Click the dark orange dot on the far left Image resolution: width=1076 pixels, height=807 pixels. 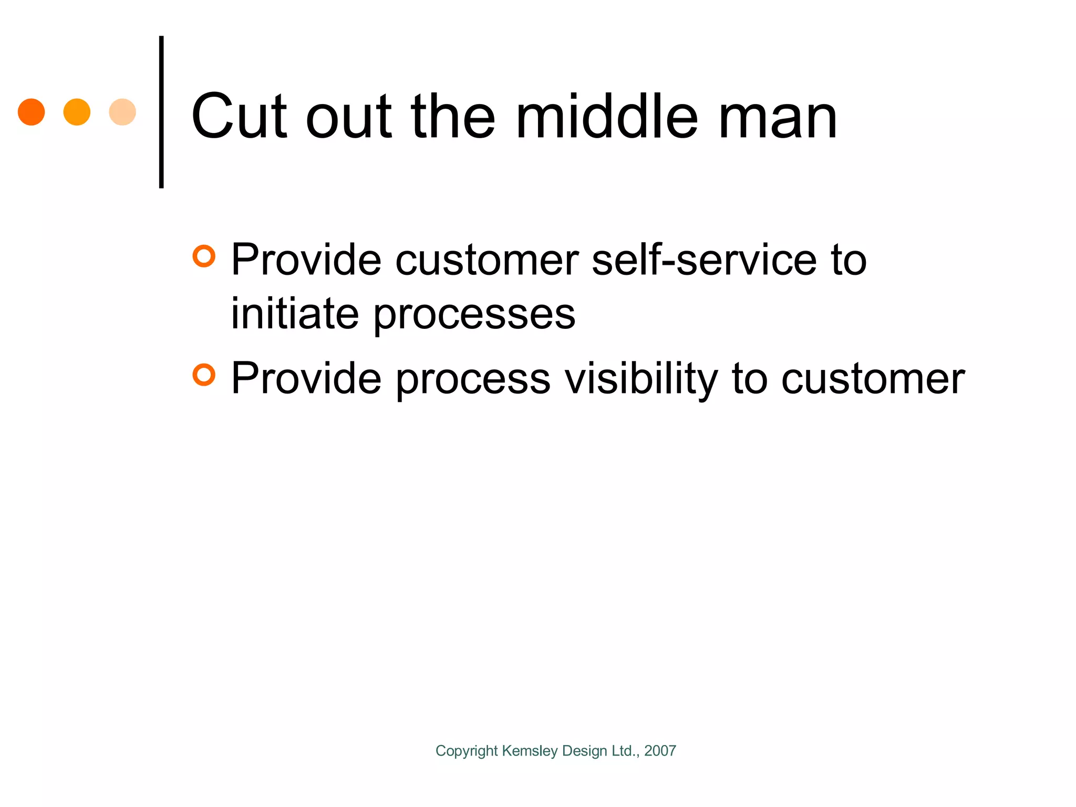point(31,112)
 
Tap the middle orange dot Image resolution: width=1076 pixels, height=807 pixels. point(77,112)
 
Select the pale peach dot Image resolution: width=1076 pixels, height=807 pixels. point(122,112)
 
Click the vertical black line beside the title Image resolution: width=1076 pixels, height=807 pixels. point(161,112)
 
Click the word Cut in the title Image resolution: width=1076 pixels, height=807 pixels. point(239,117)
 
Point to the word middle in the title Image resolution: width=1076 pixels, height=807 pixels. point(607,117)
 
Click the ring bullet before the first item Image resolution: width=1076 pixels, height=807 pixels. point(204,256)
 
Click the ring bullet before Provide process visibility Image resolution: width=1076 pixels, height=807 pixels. point(204,375)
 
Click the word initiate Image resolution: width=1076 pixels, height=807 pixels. point(295,314)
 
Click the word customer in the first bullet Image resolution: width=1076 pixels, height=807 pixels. point(486,261)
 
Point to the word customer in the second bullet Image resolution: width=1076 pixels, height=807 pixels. point(873,380)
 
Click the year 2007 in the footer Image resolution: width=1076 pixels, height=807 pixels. point(660,751)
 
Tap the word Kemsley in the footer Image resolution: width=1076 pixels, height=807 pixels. point(530,751)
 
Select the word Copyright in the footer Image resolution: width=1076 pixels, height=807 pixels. point(467,751)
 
